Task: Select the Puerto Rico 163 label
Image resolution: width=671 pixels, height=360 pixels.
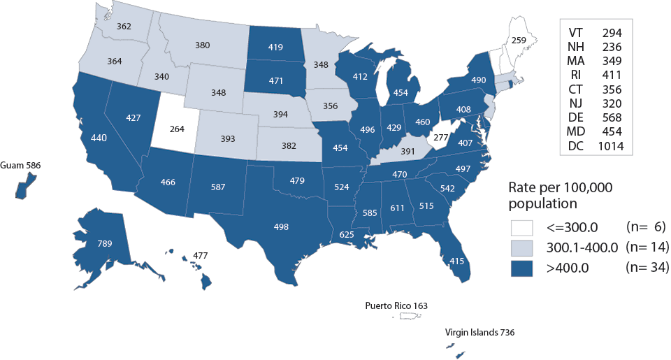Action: [396, 305]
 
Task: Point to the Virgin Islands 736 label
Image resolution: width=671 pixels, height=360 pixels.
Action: [480, 333]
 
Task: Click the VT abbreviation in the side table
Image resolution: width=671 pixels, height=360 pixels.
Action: [577, 33]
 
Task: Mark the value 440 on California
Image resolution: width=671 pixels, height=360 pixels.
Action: [99, 138]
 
